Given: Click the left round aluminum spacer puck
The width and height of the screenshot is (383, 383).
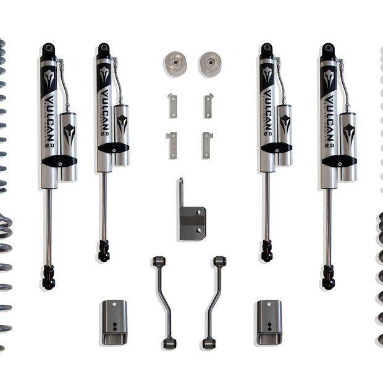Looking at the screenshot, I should click(176, 64).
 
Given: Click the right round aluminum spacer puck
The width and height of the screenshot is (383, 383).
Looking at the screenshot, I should click(210, 64).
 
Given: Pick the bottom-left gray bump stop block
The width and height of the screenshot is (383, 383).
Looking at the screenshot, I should click(114, 322).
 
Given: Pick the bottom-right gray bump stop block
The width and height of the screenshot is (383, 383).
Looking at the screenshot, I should click(269, 322).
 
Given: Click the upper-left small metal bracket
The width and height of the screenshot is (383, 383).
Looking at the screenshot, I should click(172, 105).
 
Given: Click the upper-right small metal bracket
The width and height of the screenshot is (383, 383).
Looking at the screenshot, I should click(208, 105).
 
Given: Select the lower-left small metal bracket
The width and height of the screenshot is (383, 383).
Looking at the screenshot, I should click(172, 145).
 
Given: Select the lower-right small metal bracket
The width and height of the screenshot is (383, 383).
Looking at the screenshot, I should click(208, 145).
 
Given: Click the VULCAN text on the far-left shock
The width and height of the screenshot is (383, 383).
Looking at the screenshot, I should click(49, 117).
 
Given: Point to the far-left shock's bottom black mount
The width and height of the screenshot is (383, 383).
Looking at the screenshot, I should click(48, 277).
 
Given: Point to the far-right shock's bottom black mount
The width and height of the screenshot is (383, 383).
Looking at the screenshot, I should click(328, 277).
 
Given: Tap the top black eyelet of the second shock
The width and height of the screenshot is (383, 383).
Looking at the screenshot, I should click(103, 49).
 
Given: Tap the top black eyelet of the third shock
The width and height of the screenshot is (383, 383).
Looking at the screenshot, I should click(267, 49).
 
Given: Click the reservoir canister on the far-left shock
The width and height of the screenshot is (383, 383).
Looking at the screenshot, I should click(69, 145).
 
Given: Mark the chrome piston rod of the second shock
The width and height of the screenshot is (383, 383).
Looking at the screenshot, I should click(104, 207).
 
